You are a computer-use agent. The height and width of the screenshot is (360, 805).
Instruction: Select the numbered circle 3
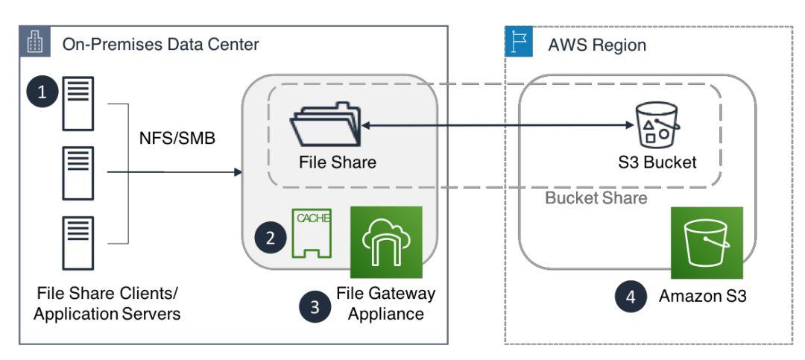coord(315,307)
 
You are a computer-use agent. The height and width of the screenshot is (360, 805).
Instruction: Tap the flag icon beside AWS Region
coord(519,43)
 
